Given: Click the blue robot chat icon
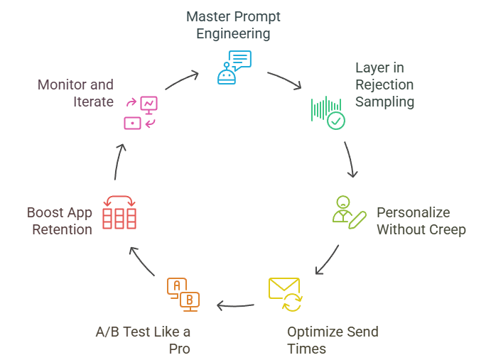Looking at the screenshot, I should pyautogui.click(x=234, y=67).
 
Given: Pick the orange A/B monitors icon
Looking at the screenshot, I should pyautogui.click(x=183, y=294).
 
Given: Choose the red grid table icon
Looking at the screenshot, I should pyautogui.click(x=119, y=212).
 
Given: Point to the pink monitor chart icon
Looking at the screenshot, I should pyautogui.click(x=141, y=113).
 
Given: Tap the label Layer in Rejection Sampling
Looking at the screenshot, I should pyautogui.click(x=384, y=84).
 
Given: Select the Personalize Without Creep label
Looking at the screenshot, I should pyautogui.click(x=421, y=221).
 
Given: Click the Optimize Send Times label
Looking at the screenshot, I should pyautogui.click(x=332, y=340).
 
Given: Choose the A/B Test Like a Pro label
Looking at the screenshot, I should pyautogui.click(x=143, y=340).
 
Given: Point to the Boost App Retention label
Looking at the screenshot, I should pyautogui.click(x=60, y=221).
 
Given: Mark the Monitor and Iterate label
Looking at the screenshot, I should pyautogui.click(x=75, y=93).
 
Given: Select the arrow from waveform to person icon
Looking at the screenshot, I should pyautogui.click(x=350, y=160).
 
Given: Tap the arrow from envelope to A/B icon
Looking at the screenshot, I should pyautogui.click(x=235, y=306).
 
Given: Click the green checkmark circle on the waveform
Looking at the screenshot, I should pyautogui.click(x=335, y=121).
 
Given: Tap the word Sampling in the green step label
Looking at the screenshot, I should pyautogui.click(x=384, y=102).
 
